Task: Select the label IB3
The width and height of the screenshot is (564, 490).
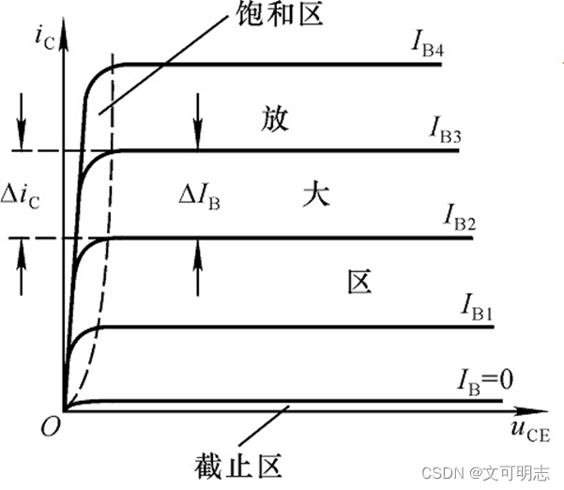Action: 445,130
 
